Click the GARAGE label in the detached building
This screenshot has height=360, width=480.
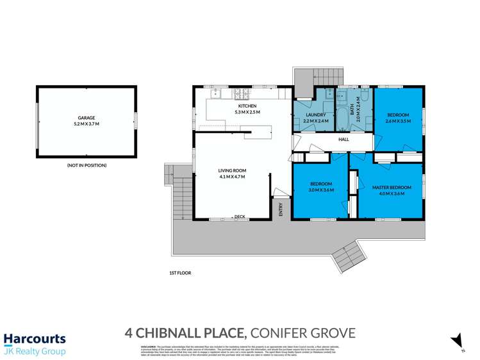click(x=87, y=118)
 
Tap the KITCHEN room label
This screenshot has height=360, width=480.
click(x=247, y=106)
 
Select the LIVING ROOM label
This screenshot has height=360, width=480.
click(x=232, y=170)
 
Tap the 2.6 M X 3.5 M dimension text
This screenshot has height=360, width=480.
click(x=397, y=120)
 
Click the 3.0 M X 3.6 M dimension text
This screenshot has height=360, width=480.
click(x=320, y=190)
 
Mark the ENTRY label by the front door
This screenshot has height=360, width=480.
click(x=281, y=209)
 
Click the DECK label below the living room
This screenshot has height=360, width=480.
click(x=240, y=217)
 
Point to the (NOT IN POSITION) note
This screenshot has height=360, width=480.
click(x=87, y=165)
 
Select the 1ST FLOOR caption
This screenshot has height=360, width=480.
click(x=180, y=273)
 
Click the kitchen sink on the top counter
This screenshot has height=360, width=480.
click(x=216, y=93)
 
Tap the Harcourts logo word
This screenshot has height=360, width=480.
click(x=35, y=339)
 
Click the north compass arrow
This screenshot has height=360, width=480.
click(x=456, y=340)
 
